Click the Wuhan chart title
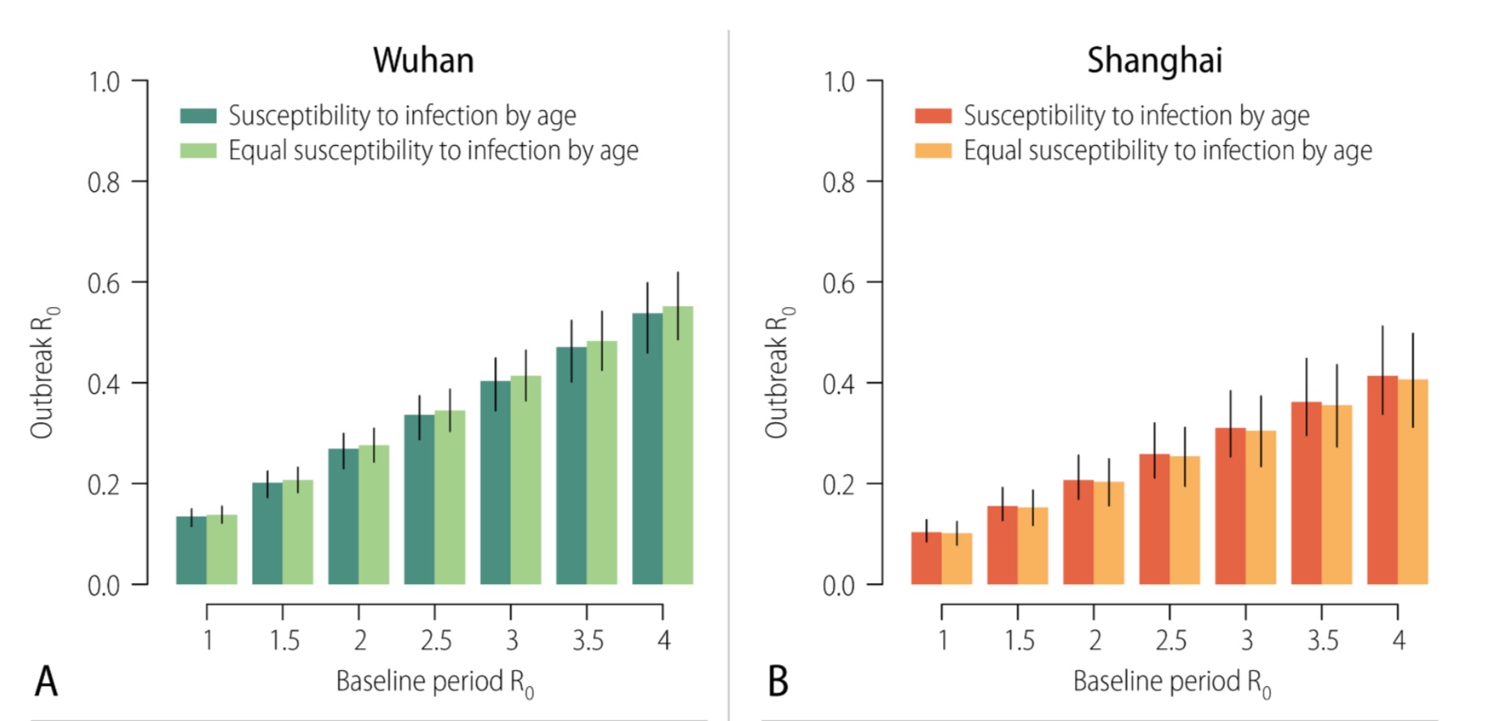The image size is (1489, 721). pyautogui.click(x=423, y=61)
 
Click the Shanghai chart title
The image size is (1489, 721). pyautogui.click(x=1154, y=61)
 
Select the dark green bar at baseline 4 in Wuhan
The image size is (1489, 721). pyautogui.click(x=647, y=454)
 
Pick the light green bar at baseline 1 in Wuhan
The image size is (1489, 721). pyautogui.click(x=222, y=551)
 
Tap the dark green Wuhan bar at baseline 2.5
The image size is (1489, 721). pyautogui.click(x=419, y=502)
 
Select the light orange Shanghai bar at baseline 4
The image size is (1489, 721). pyautogui.click(x=1413, y=486)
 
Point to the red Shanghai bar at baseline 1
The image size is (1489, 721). pyautogui.click(x=926, y=559)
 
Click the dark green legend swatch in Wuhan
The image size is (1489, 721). pyautogui.click(x=198, y=116)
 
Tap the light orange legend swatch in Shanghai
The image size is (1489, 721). pyautogui.click(x=933, y=151)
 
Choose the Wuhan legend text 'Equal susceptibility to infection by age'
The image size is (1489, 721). pyautogui.click(x=433, y=151)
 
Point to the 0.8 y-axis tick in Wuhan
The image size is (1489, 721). pyautogui.click(x=104, y=182)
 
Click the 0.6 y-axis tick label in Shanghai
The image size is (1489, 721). pyautogui.click(x=838, y=284)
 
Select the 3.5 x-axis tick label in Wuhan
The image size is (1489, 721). pyautogui.click(x=588, y=641)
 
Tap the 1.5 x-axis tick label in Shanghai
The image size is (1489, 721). pyautogui.click(x=1019, y=641)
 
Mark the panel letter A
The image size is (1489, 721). pyautogui.click(x=46, y=681)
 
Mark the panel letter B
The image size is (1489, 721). pyautogui.click(x=778, y=681)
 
